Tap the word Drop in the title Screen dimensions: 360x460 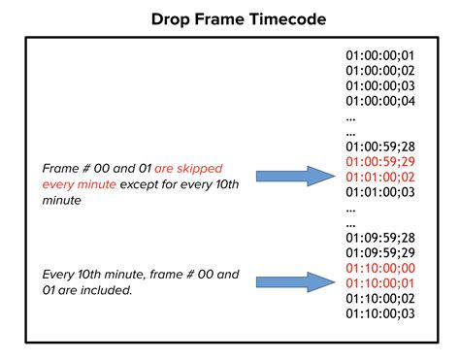pyautogui.click(x=176, y=18)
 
